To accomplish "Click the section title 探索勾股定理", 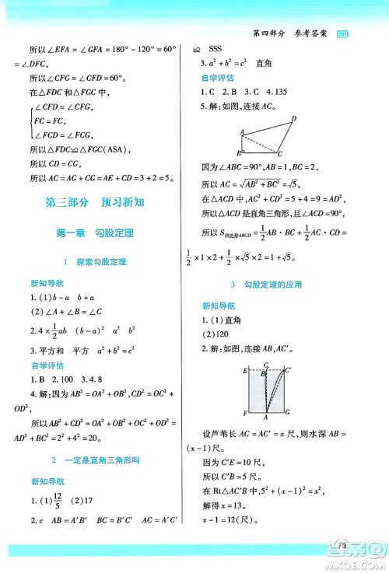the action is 106,260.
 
